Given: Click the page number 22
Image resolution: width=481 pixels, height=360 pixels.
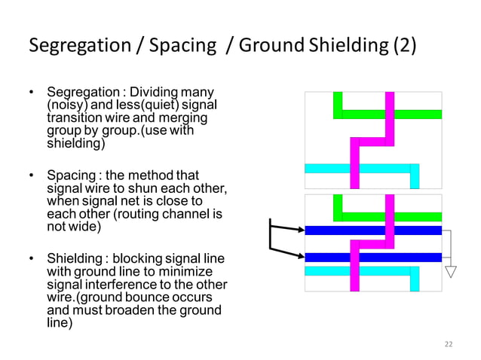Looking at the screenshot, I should click(x=449, y=344).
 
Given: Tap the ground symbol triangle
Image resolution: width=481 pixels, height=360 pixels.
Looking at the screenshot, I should click(x=451, y=272).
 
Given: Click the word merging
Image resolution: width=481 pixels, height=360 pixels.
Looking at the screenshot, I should click(x=185, y=119).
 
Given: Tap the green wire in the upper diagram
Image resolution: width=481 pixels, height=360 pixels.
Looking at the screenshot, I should click(x=407, y=114).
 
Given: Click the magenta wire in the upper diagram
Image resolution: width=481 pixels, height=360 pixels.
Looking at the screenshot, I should click(x=390, y=121).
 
